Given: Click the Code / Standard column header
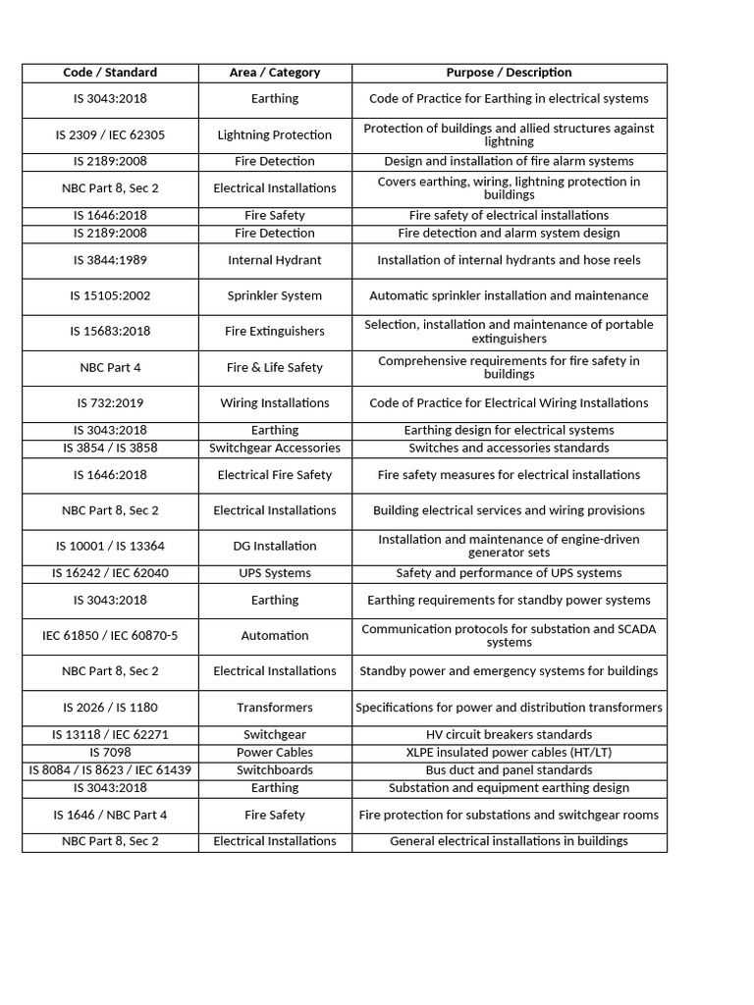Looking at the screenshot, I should click(x=110, y=73).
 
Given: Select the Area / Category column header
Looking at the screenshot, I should click(x=275, y=73).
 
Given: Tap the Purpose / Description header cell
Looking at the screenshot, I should click(x=509, y=73).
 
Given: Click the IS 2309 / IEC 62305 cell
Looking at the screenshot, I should click(x=110, y=135).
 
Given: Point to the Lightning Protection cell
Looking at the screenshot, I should click(x=275, y=135).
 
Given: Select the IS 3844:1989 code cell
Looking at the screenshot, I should click(x=110, y=261).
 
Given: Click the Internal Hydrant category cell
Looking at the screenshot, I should click(x=275, y=261).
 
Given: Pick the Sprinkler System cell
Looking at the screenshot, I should click(x=275, y=296).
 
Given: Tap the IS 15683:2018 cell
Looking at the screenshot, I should click(x=110, y=332).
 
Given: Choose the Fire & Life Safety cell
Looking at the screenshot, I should click(x=275, y=368).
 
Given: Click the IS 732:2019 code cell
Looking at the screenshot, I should click(x=110, y=403).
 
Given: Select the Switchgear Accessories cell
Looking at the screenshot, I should click(x=275, y=449).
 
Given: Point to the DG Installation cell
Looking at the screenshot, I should click(x=275, y=547).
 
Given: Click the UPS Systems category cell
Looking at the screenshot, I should click(x=275, y=573).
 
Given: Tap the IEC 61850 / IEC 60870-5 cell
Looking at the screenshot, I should click(x=110, y=636).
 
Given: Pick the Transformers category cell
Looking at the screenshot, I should click(x=275, y=708).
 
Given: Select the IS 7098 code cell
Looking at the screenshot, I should click(x=110, y=753).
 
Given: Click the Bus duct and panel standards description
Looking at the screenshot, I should click(x=509, y=770).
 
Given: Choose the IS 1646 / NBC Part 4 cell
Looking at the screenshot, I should click(x=110, y=816).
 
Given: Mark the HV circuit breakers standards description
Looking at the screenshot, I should click(x=509, y=735).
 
